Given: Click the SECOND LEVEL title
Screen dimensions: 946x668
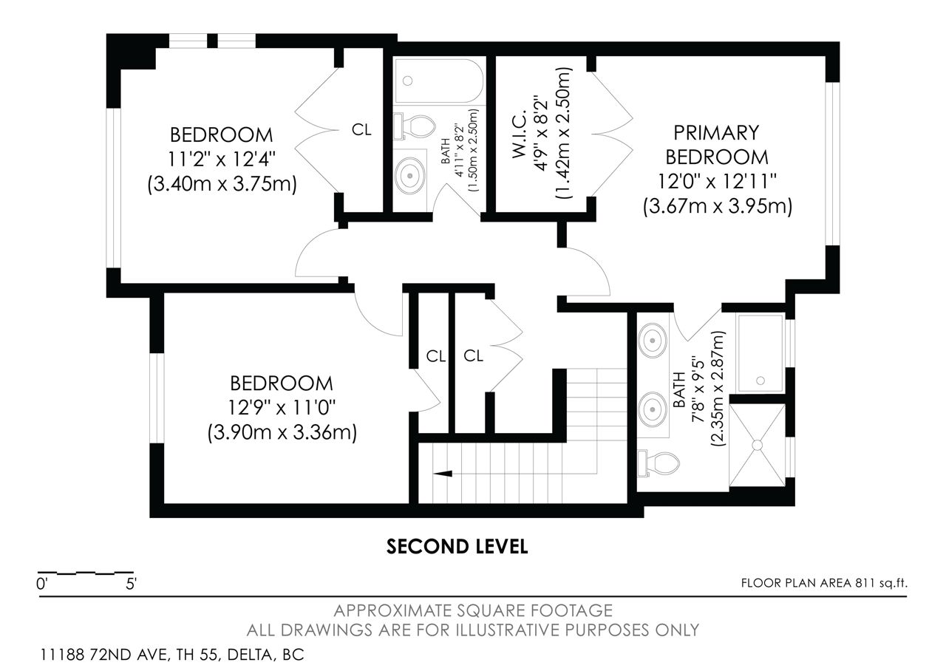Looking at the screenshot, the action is pos(457,546).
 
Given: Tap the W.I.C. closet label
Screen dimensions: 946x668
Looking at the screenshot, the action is pos(519,134).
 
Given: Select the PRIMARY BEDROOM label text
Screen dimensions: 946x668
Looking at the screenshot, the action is pos(717,145).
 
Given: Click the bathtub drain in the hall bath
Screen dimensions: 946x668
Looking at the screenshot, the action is pos(407,81).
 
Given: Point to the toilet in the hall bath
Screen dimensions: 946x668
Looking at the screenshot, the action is pos(414,126).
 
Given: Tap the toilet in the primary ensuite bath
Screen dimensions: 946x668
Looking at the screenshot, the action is pos(658,463).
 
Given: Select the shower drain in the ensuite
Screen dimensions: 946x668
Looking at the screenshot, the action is pos(758,445).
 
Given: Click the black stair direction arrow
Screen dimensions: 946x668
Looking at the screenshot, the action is pos(443,474).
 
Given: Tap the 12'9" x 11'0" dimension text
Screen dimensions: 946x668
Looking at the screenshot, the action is pos(282,408).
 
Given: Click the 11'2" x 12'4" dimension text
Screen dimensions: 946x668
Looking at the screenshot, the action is pos(222,159).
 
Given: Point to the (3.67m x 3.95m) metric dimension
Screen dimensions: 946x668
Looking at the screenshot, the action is pos(718,207).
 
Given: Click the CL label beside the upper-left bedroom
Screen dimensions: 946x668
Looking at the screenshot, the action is pos(361,129).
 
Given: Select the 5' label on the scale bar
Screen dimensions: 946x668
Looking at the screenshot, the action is pos(131,584).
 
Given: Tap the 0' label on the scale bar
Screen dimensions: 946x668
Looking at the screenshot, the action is pos(42,584).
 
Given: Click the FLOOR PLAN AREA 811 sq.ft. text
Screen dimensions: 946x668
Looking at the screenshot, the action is pos(824,583).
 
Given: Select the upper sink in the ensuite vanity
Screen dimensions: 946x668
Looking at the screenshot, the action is pos(653,341).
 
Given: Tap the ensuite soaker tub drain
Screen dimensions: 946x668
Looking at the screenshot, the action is pos(760,381).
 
